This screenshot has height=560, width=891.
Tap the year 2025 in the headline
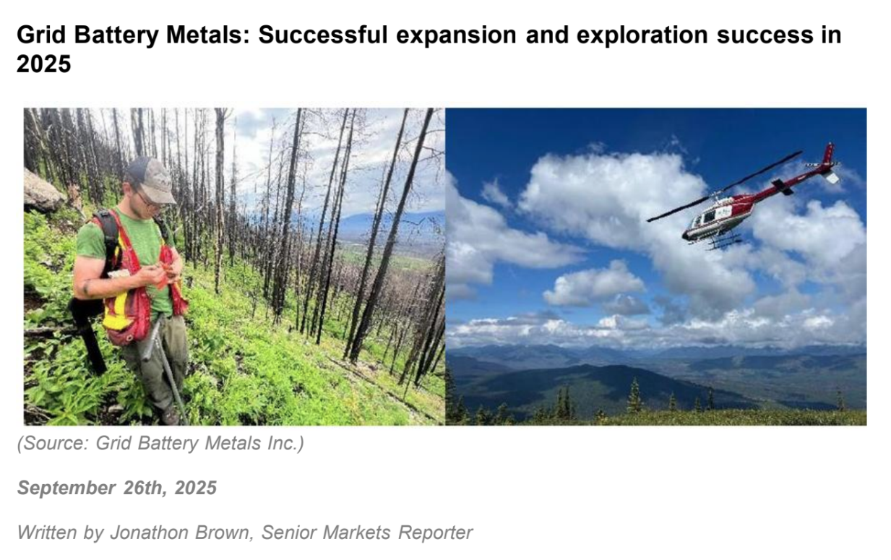[44, 64]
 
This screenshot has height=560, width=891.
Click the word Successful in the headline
[322, 35]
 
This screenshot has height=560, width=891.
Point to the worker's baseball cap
[151, 178]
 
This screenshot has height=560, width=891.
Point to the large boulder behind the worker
[42, 191]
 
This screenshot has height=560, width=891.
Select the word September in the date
[66, 488]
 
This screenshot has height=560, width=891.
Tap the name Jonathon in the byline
[149, 532]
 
